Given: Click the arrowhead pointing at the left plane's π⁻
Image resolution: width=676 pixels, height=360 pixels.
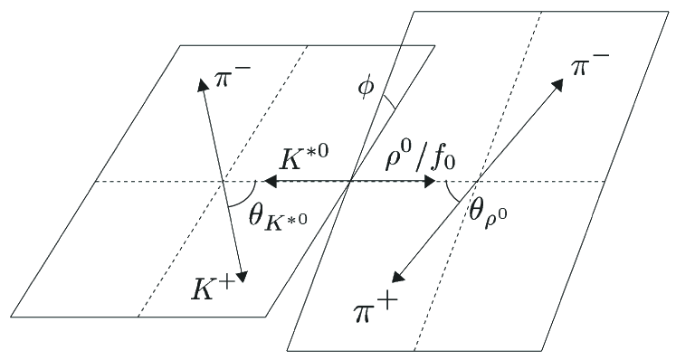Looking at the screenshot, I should (x=200, y=84).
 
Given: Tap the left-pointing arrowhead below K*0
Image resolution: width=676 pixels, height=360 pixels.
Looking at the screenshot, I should (x=269, y=182).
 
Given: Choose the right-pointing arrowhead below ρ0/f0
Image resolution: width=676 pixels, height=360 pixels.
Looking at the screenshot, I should (x=432, y=182).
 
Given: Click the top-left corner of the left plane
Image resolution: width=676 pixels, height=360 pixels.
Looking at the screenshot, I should (x=180, y=44).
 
